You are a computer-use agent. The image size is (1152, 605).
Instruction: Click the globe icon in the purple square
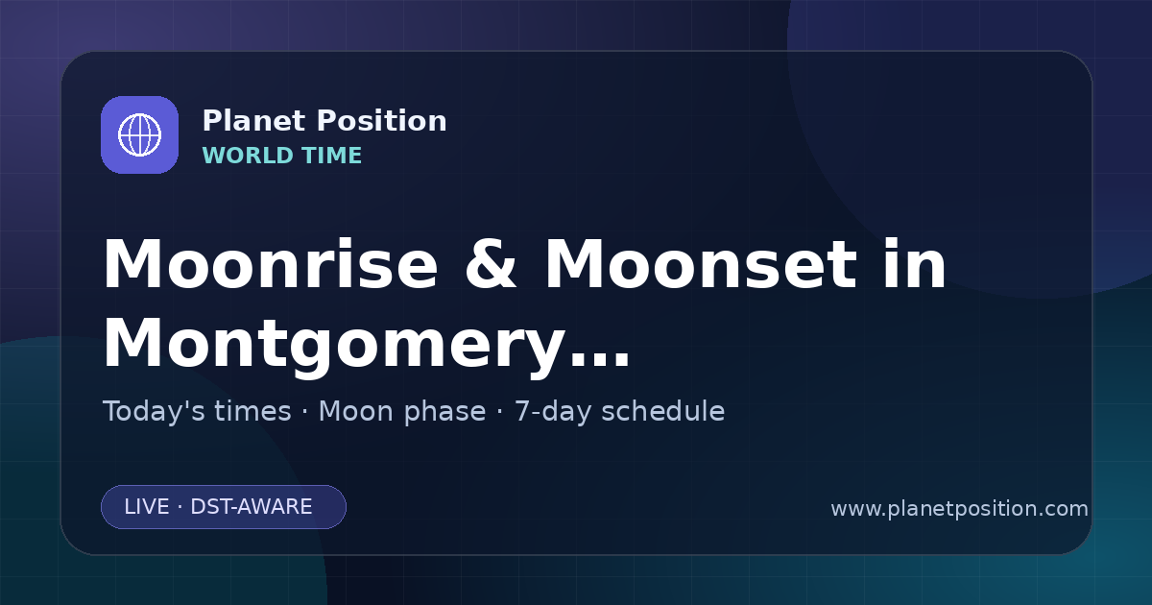(x=139, y=134)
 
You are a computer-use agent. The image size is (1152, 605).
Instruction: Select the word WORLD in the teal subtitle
(x=247, y=156)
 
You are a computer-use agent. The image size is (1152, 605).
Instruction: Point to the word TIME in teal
(x=331, y=156)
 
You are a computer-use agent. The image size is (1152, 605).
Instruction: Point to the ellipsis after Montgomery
(x=600, y=359)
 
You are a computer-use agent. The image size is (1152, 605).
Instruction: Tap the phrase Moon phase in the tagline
(x=402, y=412)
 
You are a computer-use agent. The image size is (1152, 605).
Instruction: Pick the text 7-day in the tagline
(x=553, y=412)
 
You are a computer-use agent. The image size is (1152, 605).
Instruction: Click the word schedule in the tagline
(x=663, y=411)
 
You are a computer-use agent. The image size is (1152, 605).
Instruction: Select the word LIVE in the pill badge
(x=147, y=507)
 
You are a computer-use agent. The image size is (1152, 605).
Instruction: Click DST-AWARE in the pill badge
(x=251, y=507)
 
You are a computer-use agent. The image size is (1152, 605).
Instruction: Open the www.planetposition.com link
(x=960, y=509)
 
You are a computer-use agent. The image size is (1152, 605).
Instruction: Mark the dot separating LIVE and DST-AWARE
(x=180, y=507)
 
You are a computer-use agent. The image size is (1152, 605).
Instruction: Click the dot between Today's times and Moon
(x=305, y=412)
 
